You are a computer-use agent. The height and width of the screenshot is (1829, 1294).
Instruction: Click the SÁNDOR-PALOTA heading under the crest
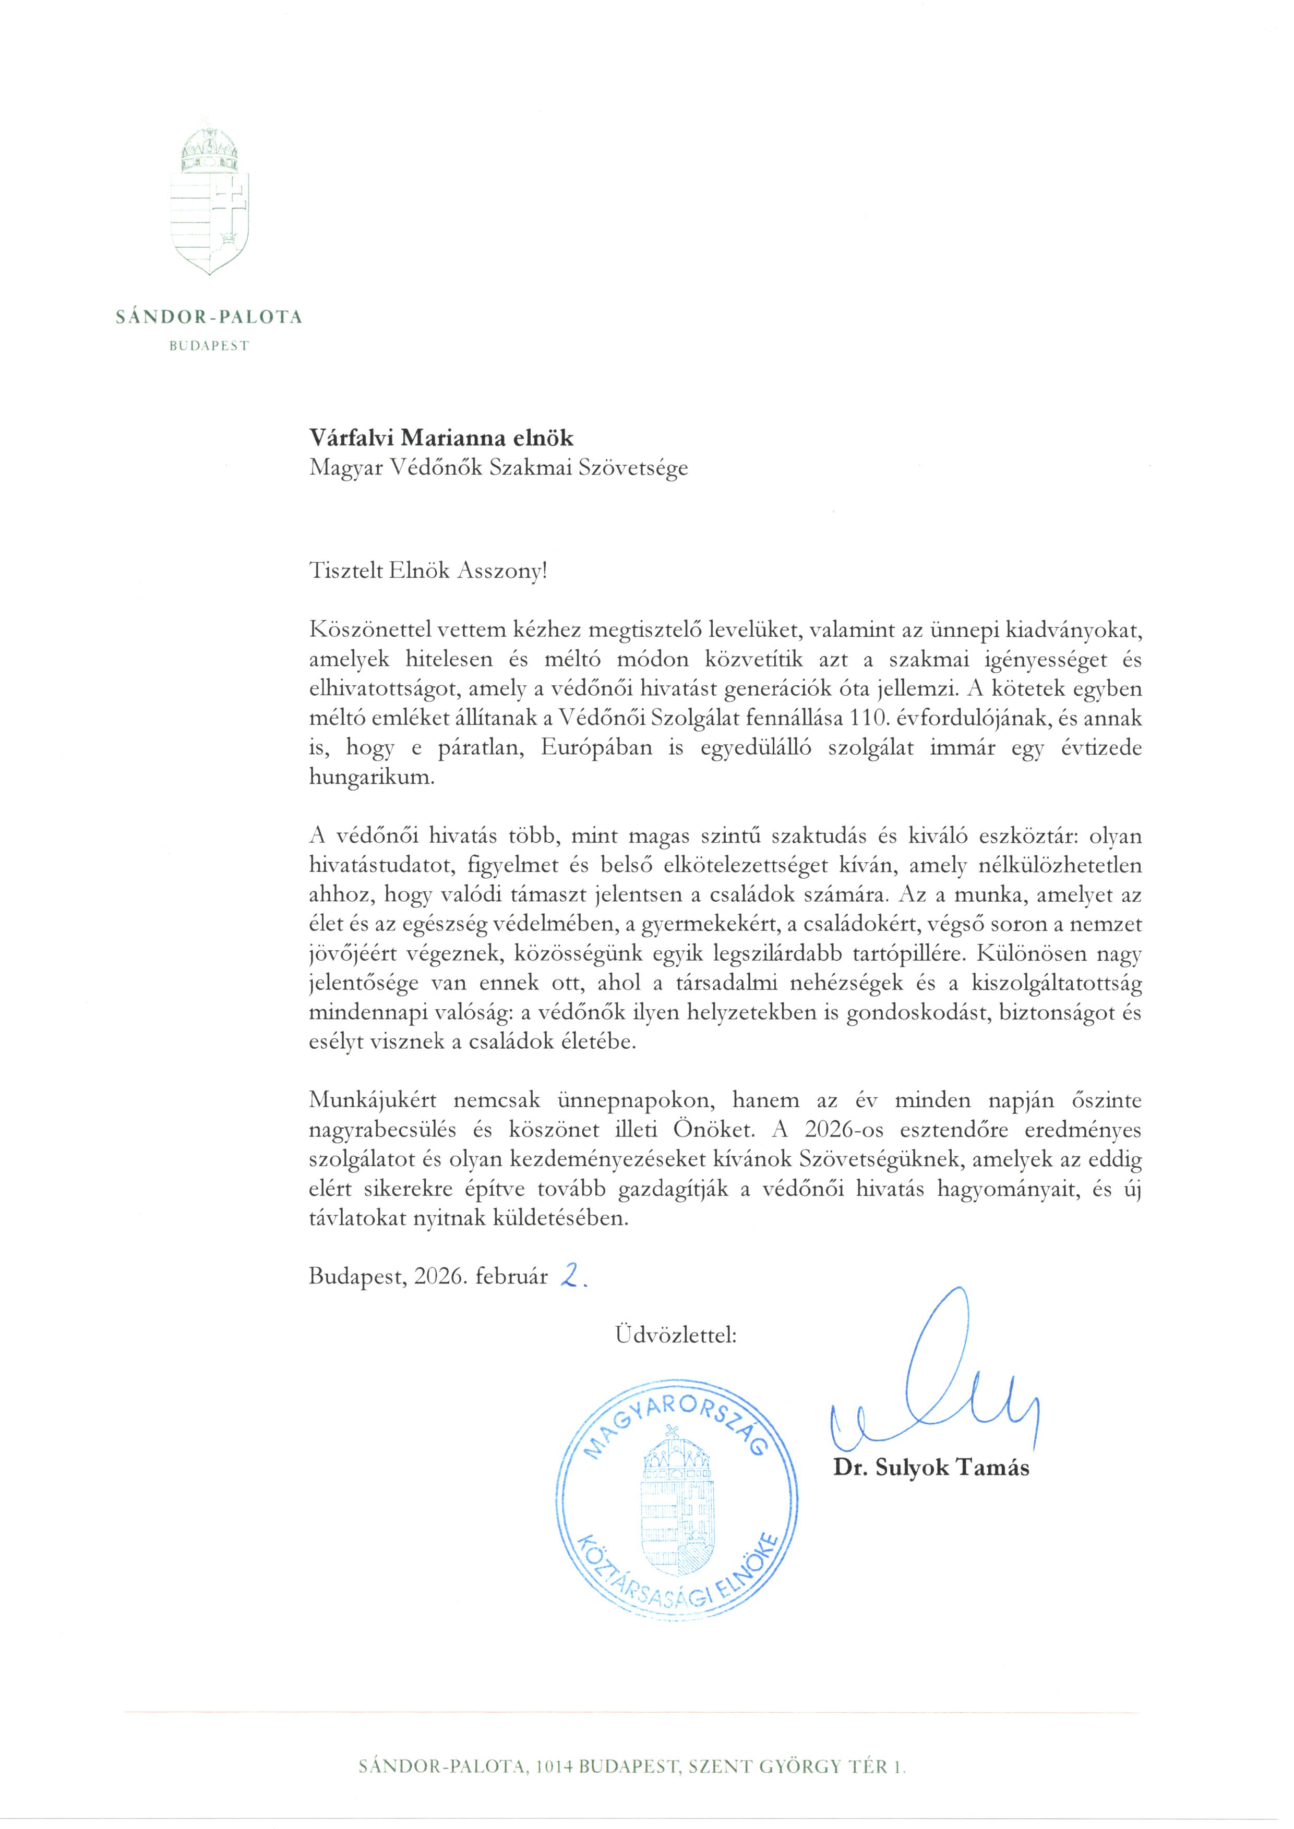click(x=209, y=317)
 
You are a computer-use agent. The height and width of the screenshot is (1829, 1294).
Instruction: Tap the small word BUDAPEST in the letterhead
click(x=209, y=346)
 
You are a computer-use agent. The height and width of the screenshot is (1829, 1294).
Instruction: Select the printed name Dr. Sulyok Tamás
click(x=931, y=1468)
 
